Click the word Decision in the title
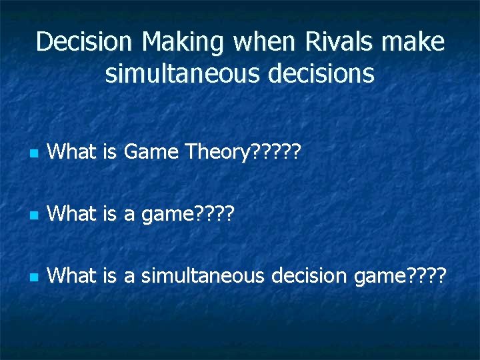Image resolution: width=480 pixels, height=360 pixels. tap(85, 43)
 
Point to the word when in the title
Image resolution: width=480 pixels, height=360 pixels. tap(261, 43)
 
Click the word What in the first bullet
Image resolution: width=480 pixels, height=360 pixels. tap(73, 153)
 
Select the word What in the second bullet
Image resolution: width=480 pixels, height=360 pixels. tap(73, 214)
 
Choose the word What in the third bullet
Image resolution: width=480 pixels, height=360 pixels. tap(73, 275)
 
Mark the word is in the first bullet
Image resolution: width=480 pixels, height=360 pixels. tap(110, 153)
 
